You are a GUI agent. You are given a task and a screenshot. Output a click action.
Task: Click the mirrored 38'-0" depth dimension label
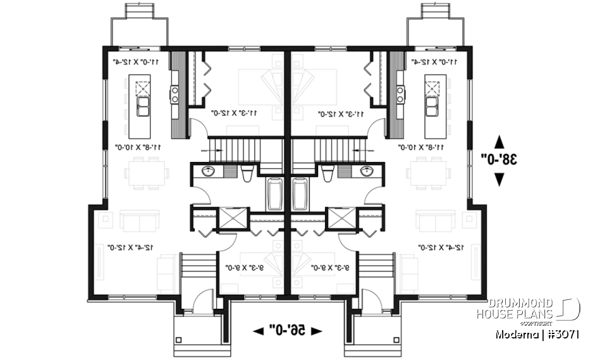(499, 158)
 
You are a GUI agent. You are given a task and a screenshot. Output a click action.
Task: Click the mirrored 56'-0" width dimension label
(287, 330)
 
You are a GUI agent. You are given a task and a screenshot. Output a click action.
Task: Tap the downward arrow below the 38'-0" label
(499, 179)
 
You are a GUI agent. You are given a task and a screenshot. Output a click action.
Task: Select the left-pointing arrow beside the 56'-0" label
(259, 330)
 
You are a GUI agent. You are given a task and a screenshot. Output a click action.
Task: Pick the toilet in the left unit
(247, 173)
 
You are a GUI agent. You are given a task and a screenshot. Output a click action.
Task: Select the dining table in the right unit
(428, 173)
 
